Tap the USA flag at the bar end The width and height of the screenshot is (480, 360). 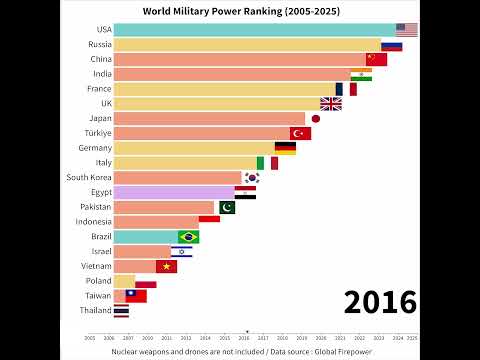[406, 29]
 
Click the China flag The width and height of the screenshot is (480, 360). [376, 59]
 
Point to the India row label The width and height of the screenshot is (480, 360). [101, 74]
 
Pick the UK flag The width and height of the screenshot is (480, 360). [330, 103]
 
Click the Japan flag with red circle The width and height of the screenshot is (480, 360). [315, 118]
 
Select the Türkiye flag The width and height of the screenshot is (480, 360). [300, 133]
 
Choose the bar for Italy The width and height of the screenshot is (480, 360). [185, 162]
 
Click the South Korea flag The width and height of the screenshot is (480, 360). [251, 177]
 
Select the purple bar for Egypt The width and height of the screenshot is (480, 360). [174, 192]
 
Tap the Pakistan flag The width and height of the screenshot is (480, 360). [225, 207]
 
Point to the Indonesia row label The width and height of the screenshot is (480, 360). [92, 222]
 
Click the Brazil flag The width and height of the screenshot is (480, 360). [188, 237]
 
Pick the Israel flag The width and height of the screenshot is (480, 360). [181, 251]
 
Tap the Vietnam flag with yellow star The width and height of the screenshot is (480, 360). [166, 266]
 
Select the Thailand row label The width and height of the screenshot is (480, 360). [94, 311]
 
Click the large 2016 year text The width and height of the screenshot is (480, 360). [380, 301]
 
